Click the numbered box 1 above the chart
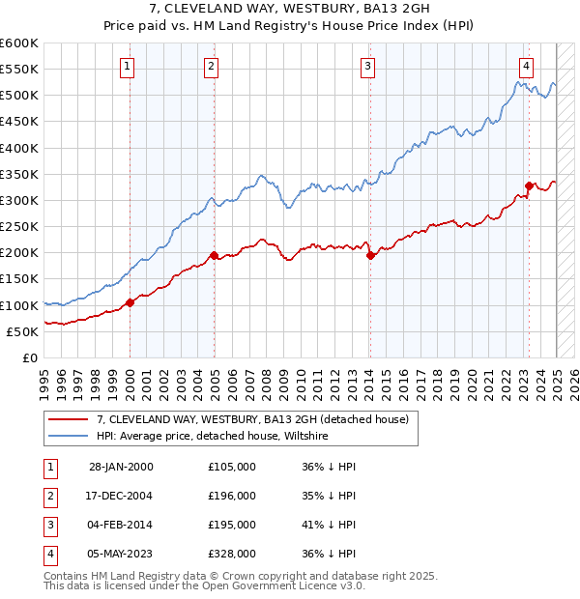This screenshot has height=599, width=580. pyautogui.click(x=128, y=67)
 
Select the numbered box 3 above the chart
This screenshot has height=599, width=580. pyautogui.click(x=368, y=67)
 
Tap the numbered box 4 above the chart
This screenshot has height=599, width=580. pyautogui.click(x=526, y=67)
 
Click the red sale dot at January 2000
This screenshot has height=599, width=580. pyautogui.click(x=130, y=303)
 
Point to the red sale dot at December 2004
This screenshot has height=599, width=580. pyautogui.click(x=214, y=256)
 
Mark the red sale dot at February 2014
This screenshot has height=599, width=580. pyautogui.click(x=370, y=256)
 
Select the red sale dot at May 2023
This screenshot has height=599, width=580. pyautogui.click(x=529, y=186)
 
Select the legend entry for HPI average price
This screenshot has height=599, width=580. pyautogui.click(x=213, y=436)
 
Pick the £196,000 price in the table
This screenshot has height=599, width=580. pyautogui.click(x=232, y=496)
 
